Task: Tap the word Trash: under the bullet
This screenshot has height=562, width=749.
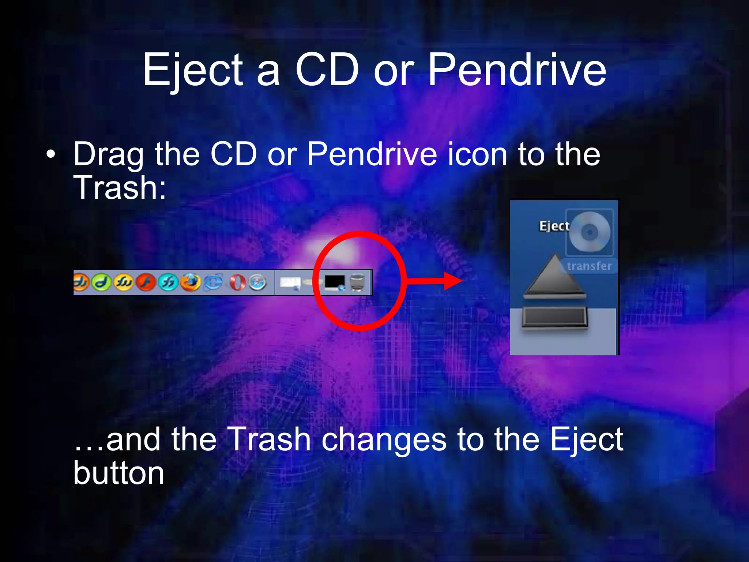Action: click(x=120, y=187)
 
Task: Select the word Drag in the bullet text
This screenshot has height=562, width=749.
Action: click(x=108, y=155)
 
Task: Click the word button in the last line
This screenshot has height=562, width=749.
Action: click(x=118, y=473)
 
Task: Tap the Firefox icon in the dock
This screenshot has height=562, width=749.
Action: click(x=191, y=282)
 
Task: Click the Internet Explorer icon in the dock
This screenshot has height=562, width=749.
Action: click(x=213, y=282)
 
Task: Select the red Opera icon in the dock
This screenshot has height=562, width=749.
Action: click(x=237, y=282)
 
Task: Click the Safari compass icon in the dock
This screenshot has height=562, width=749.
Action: click(x=257, y=282)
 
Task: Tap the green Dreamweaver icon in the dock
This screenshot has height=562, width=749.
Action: click(x=101, y=282)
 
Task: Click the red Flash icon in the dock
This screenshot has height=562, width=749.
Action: click(x=146, y=282)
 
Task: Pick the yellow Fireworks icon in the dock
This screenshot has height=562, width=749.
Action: click(x=124, y=282)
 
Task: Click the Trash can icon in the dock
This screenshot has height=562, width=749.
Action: click(x=357, y=282)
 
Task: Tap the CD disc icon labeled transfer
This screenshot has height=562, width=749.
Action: click(x=589, y=232)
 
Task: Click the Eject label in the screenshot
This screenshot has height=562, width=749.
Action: click(x=554, y=226)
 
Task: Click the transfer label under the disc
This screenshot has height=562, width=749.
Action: click(x=589, y=266)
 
